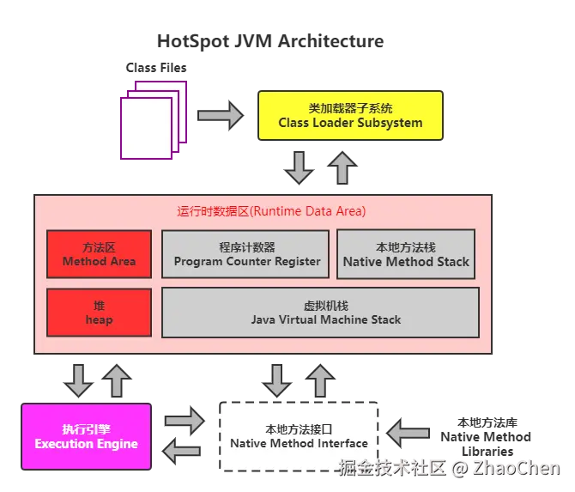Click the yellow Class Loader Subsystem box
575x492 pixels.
(350, 116)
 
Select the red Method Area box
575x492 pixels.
(99, 254)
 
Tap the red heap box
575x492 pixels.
(99, 313)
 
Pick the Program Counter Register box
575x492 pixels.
(246, 254)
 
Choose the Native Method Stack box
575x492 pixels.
(406, 254)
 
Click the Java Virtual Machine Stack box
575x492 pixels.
(320, 313)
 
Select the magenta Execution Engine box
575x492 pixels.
(86, 436)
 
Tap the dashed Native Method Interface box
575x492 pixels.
(299, 436)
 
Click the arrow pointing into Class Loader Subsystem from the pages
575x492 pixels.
(220, 115)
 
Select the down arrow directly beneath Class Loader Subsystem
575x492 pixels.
(299, 167)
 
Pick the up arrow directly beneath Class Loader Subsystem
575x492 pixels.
(342, 167)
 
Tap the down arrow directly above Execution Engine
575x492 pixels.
(78, 380)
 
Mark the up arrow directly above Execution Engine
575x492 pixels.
(118, 379)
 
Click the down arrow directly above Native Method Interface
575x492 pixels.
(277, 380)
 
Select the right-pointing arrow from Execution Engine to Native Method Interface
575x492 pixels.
(185, 420)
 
